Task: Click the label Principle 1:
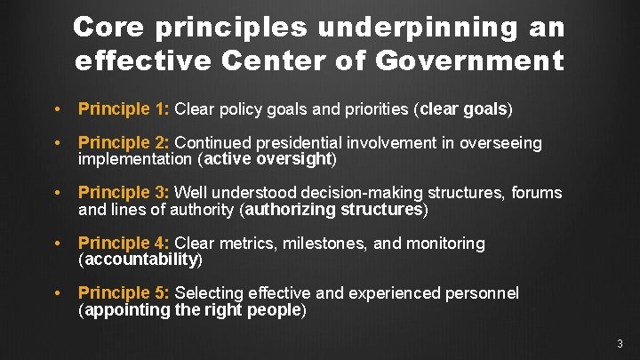(124, 109)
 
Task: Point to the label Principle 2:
(124, 143)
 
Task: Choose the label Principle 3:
(124, 193)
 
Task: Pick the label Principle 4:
(124, 243)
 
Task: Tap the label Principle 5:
(124, 293)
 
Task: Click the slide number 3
(620, 343)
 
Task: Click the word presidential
(302, 143)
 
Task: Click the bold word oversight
(294, 160)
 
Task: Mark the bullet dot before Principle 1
(57, 110)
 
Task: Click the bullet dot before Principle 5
(57, 293)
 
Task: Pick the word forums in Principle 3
(537, 193)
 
